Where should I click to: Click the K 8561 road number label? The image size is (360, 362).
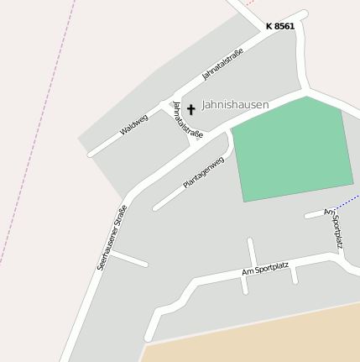(x=279, y=26)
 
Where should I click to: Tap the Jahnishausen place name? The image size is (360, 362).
(x=235, y=105)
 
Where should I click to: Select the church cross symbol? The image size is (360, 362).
(x=190, y=109)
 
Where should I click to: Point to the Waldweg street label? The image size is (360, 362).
(x=133, y=125)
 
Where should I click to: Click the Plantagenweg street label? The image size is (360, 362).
(x=204, y=173)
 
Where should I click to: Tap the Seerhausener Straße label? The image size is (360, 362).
(x=112, y=237)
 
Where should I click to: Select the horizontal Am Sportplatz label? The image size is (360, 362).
(x=264, y=269)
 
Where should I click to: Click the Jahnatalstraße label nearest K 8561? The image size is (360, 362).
(x=222, y=65)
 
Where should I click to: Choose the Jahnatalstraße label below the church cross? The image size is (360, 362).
(x=187, y=120)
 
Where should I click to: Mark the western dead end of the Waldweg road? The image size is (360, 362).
(x=91, y=155)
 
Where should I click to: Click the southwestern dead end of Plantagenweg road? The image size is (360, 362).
(x=155, y=207)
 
